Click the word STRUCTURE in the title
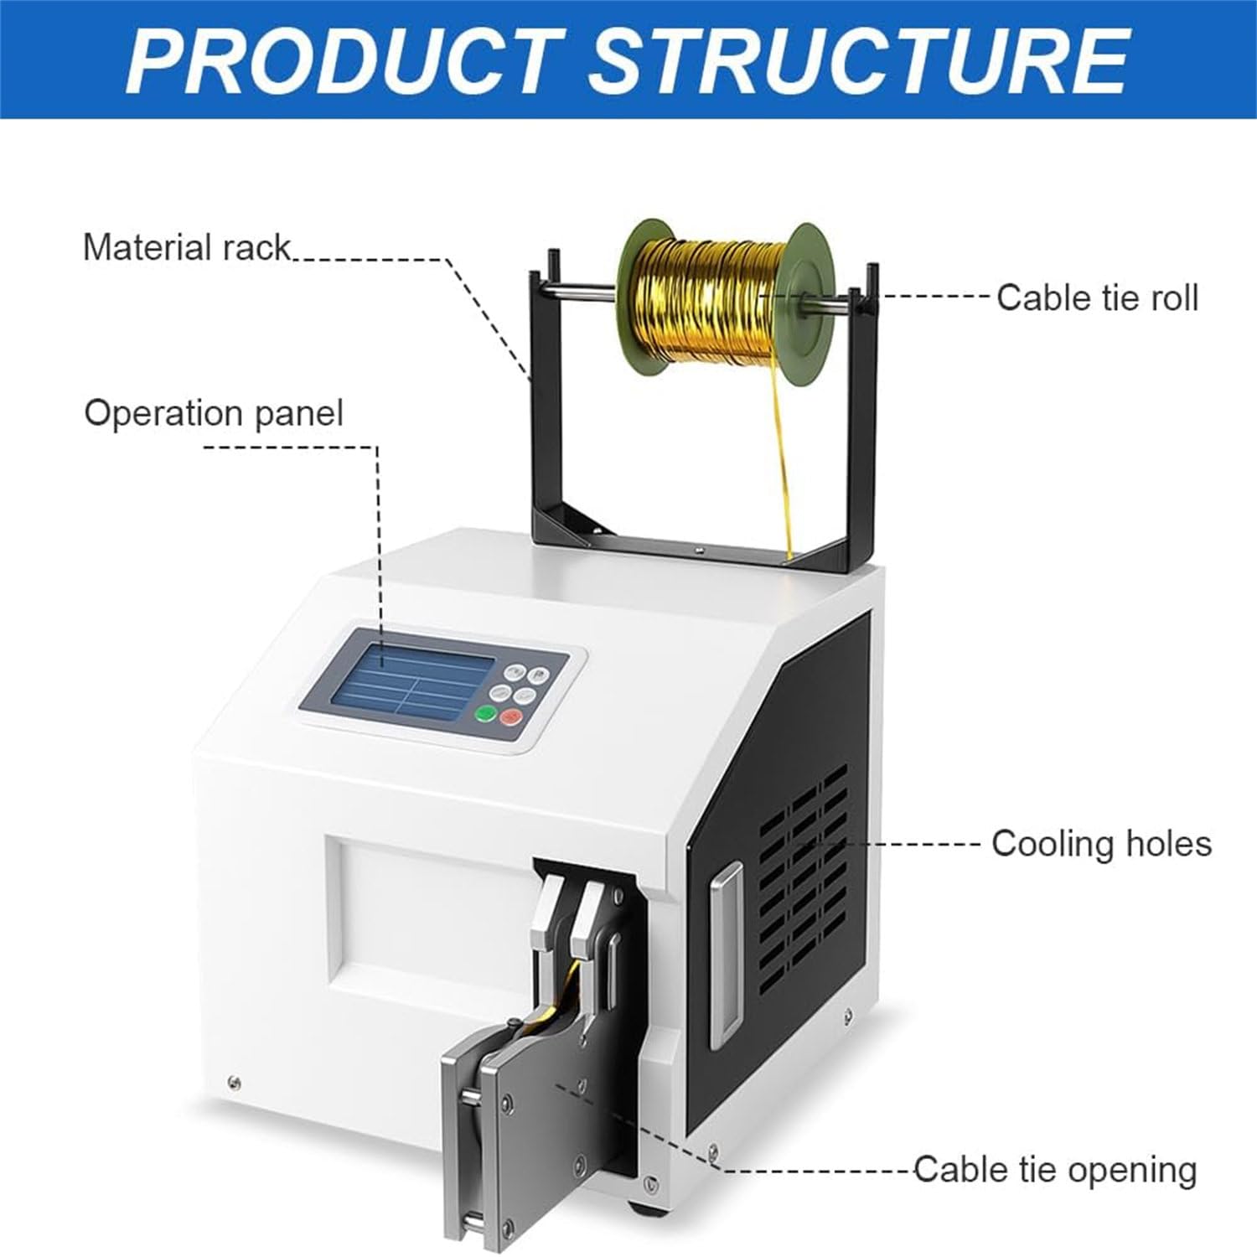(860, 60)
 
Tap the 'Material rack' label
(186, 248)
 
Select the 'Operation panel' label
(214, 413)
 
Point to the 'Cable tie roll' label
(1097, 297)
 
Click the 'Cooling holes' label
(1101, 843)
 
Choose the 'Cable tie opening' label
(1055, 1170)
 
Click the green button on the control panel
(485, 713)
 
